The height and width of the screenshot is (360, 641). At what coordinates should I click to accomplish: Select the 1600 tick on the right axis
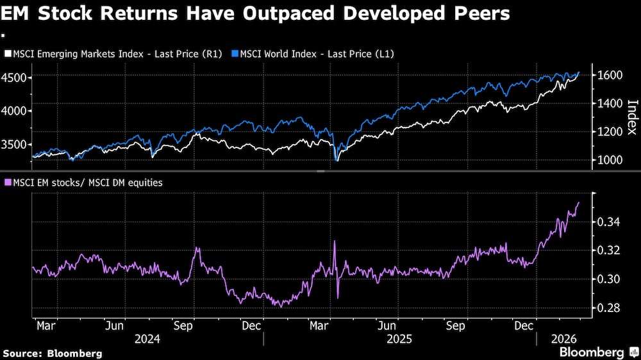608,75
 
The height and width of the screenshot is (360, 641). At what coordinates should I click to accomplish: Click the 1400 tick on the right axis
608,103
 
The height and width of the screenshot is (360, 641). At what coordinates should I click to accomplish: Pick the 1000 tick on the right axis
608,160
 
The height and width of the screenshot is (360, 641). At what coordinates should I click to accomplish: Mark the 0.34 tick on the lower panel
608,222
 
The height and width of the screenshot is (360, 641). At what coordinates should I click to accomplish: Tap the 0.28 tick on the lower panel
608,308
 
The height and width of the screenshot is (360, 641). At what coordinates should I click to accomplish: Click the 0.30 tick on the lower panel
608,279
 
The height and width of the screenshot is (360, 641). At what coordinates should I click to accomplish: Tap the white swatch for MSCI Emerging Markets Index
8,54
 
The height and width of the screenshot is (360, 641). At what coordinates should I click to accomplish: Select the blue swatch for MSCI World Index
235,54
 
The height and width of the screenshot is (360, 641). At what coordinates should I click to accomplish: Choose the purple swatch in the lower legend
8,183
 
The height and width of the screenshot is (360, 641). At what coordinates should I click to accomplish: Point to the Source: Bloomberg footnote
52,353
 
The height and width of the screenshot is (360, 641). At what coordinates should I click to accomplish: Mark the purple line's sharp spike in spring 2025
335,242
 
